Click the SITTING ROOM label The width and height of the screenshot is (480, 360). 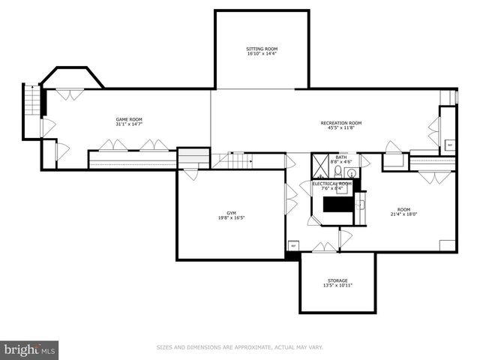[262, 49]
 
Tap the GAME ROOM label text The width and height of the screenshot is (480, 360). [129, 119]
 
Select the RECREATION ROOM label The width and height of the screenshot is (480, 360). [340, 123]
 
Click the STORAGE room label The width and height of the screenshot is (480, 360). [337, 280]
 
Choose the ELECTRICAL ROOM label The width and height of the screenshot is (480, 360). [331, 183]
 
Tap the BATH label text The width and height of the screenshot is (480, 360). [341, 157]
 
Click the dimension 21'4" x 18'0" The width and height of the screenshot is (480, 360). [403, 214]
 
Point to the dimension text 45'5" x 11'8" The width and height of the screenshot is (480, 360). [340, 128]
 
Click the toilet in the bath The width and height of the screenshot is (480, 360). [338, 170]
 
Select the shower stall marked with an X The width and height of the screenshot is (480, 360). [320, 164]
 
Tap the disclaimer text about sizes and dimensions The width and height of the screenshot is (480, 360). [239, 347]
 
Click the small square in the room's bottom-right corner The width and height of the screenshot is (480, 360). [447, 244]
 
